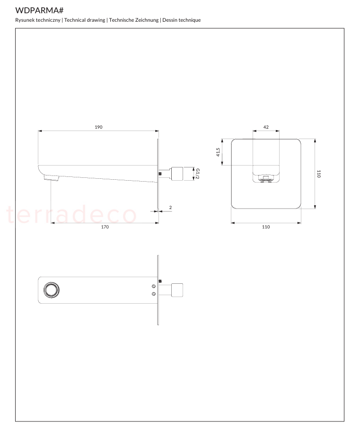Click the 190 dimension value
pos(98,127)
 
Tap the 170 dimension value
pos(105,227)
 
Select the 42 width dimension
pos(266,127)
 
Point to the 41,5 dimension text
pos(218,152)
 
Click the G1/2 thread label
pos(198,174)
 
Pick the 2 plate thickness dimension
pos(170,207)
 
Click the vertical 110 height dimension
pos(319,174)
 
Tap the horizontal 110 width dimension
pos(266,227)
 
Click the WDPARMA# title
pos(39,10)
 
